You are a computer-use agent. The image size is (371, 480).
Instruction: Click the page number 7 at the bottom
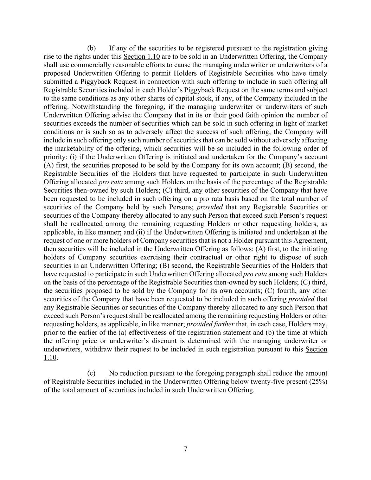point(185,449)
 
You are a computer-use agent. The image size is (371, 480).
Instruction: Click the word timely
point(319,73)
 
